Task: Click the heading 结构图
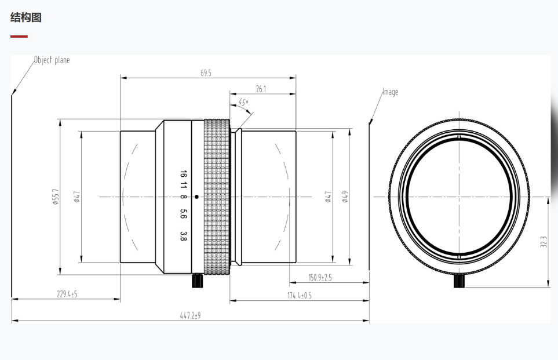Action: tap(26, 17)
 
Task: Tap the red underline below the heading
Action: tap(19, 37)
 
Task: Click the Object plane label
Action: tap(52, 60)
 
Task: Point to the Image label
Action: tap(391, 92)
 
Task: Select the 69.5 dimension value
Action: tap(206, 72)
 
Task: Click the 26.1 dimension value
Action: tap(261, 89)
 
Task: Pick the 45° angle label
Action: tap(243, 103)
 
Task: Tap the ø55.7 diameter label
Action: tap(55, 197)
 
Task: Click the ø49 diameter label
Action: tap(345, 197)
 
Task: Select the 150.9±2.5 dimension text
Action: tap(320, 277)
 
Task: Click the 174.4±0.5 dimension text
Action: tap(300, 296)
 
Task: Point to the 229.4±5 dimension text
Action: tap(67, 294)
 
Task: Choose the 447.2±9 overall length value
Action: tap(191, 315)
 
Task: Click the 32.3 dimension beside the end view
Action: tap(543, 242)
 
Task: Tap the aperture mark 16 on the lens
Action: tap(183, 174)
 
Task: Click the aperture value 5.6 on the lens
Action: tap(183, 214)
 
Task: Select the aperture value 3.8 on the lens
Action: tap(183, 236)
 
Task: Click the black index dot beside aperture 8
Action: tap(196, 197)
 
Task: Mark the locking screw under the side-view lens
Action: tap(198, 281)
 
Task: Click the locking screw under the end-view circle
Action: tap(459, 281)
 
